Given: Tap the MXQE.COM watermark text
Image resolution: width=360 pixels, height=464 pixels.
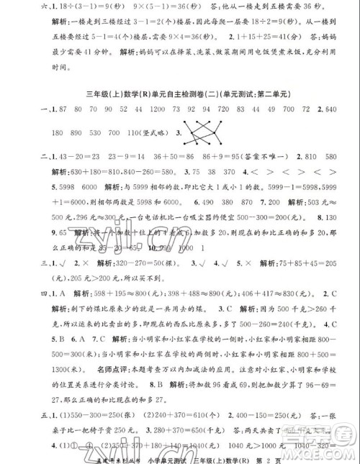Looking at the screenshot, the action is tap(328, 454).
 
